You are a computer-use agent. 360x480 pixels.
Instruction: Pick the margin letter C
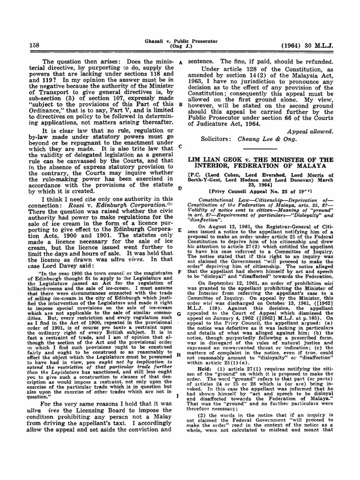click(x=180, y=146)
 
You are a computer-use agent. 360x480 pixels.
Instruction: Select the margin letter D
click(x=180, y=188)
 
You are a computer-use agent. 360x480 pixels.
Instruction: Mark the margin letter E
click(x=180, y=231)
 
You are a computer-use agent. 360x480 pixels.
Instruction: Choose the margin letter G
click(x=180, y=314)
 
